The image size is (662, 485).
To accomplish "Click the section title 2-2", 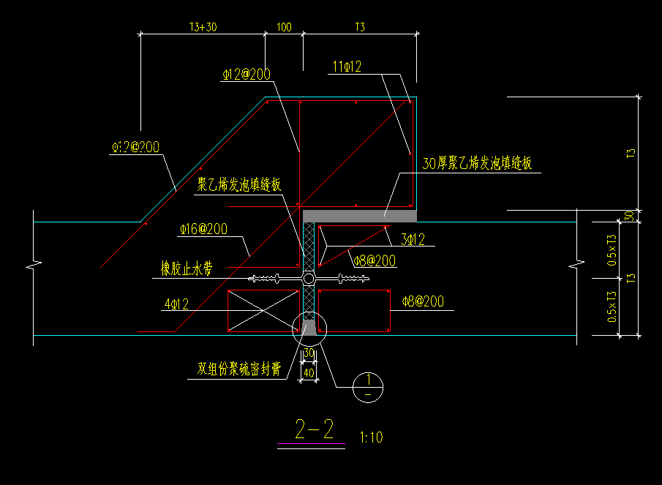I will point(314,427).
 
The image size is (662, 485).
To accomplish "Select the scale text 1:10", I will point(371,437).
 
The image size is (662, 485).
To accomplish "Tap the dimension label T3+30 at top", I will point(203,28).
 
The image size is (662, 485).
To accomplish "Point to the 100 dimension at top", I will point(284,28).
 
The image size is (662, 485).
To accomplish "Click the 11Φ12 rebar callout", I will point(347,67).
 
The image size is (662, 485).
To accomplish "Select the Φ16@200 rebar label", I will point(203,229).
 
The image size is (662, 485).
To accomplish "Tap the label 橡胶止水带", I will point(187,269).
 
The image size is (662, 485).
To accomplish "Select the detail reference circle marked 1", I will point(367,387).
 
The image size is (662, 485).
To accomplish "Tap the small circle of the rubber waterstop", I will point(309,279).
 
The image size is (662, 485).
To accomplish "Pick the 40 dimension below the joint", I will point(309,373).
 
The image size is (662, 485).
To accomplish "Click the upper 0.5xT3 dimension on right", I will point(611,249).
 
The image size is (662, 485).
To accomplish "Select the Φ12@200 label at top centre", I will point(246,74).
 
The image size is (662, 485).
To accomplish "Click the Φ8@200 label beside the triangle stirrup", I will point(374,260).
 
